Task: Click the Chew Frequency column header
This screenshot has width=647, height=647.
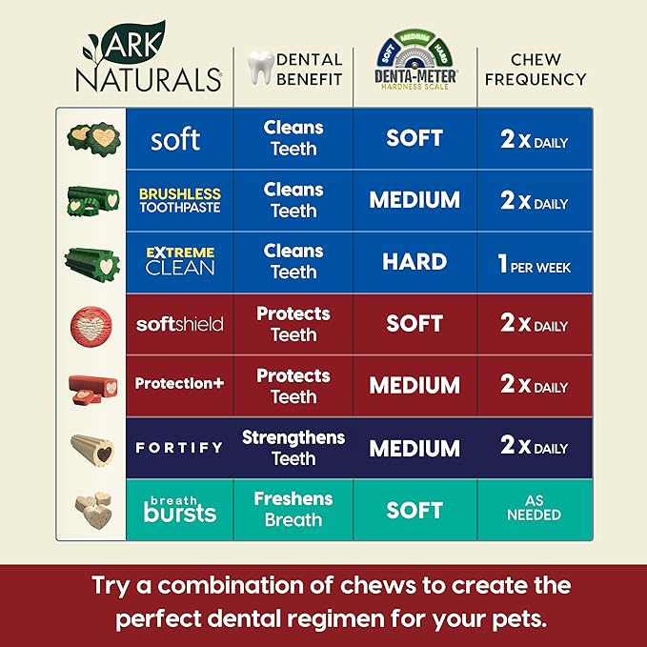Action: pos(535,69)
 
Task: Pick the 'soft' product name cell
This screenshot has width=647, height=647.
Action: pos(175,139)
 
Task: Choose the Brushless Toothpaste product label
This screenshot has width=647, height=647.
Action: pos(179,200)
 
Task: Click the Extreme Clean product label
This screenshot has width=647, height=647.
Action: pos(179,260)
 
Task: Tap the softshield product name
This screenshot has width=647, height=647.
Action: pos(179,324)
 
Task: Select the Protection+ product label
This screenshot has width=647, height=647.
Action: pos(179,383)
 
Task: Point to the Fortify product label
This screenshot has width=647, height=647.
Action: pos(179,447)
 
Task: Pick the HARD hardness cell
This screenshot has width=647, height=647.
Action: pos(414,262)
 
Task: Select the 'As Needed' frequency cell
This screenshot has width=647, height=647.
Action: pos(535,508)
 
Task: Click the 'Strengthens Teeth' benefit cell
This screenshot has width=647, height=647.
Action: pos(293,448)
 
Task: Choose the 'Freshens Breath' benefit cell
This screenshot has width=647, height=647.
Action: pos(293,509)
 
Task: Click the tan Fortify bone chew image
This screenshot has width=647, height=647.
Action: pos(92,448)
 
